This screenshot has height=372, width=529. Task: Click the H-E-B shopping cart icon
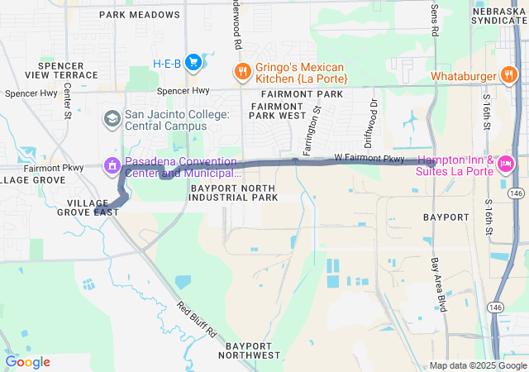pos(193,62)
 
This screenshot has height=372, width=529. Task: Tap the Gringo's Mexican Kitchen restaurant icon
pos(241,71)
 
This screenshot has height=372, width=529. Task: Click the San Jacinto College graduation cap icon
pos(111,119)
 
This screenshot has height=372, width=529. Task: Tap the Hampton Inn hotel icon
pos(505,164)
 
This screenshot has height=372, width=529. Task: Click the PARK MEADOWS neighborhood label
pos(139,15)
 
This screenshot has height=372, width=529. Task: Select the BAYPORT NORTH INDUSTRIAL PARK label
pos(234,193)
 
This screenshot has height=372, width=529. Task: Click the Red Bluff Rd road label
pos(196,319)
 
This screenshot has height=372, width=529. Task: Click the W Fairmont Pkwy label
pos(369,157)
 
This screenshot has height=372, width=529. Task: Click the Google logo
pos(27,362)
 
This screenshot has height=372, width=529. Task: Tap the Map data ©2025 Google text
pos(476,365)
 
